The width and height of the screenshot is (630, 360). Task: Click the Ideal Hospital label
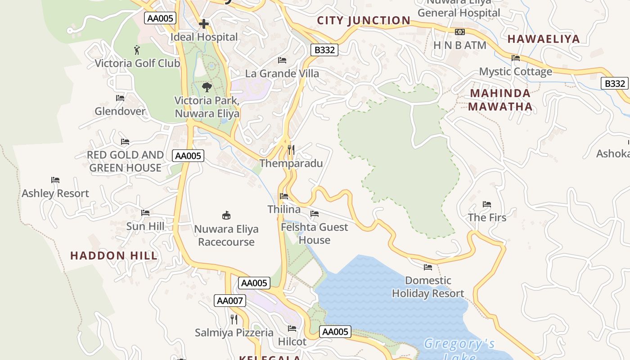tap(204, 37)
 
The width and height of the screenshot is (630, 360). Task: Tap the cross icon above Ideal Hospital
tap(204, 24)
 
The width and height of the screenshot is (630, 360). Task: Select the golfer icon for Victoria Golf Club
tap(137, 49)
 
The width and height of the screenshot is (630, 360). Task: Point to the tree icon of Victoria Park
tap(207, 87)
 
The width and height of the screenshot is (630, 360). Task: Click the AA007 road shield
tap(230, 301)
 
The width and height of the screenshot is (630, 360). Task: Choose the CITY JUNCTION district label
tap(364, 20)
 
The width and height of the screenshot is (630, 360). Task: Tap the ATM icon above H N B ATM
tap(459, 32)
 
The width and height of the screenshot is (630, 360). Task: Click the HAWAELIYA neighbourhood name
tap(544, 39)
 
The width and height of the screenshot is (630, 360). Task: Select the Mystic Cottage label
tap(515, 72)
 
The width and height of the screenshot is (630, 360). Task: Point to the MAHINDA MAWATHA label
tap(500, 100)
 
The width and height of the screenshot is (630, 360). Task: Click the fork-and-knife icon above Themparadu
tap(291, 149)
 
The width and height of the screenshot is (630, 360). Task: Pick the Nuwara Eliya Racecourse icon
tap(226, 216)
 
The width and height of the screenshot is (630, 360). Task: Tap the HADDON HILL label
tap(114, 256)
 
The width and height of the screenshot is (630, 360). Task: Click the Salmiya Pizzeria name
tap(234, 333)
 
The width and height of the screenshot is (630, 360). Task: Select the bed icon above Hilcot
tap(292, 328)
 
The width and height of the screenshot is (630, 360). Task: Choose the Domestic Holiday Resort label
tap(427, 287)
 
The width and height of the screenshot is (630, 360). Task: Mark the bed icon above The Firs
tap(486, 204)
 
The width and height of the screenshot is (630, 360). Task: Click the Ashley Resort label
tap(55, 193)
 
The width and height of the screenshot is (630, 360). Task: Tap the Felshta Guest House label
tap(314, 234)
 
